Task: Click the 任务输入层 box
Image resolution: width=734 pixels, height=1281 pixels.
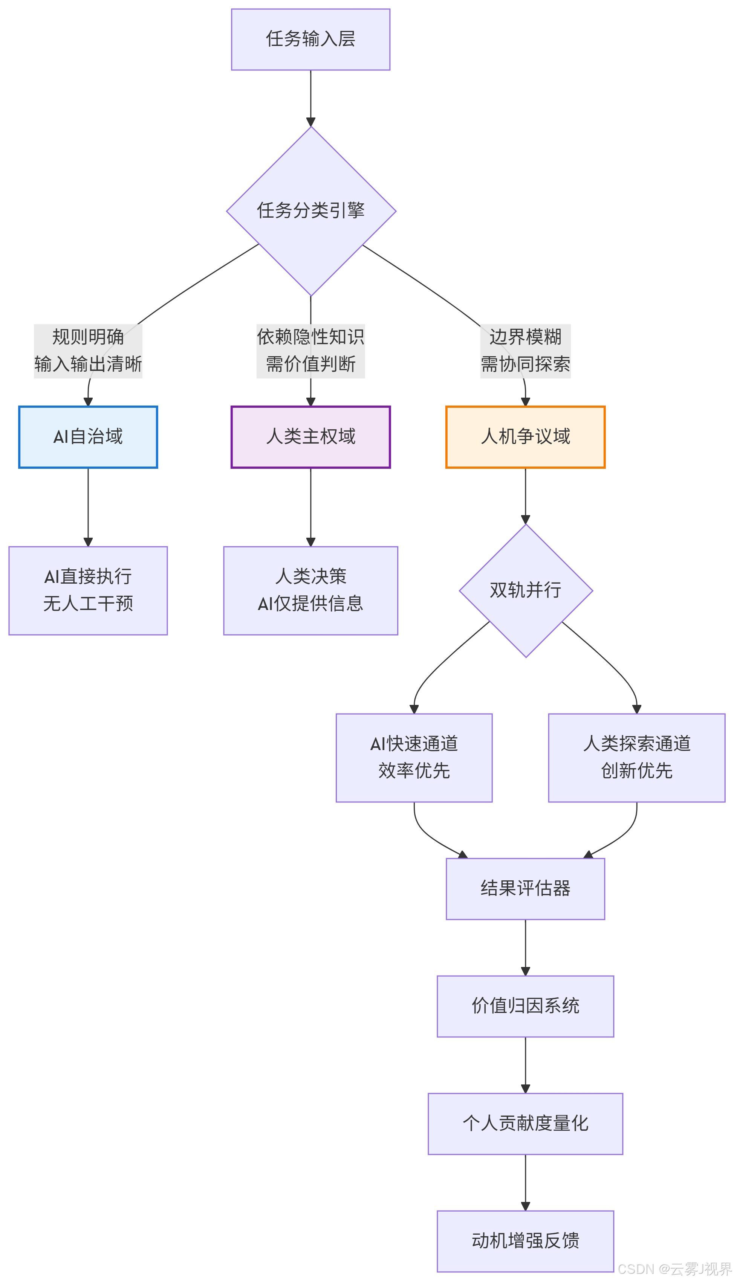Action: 310,39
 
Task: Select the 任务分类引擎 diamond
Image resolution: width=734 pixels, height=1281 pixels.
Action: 311,210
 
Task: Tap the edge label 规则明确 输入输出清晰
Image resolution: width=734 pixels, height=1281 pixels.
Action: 88,351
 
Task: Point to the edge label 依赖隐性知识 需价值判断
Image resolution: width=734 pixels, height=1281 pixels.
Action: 310,351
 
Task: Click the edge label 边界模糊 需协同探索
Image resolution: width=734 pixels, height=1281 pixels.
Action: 525,351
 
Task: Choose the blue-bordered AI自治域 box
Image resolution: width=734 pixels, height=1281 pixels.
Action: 88,437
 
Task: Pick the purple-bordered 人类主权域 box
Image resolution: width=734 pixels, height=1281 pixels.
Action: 310,437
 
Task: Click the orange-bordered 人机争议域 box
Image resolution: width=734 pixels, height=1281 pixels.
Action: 525,437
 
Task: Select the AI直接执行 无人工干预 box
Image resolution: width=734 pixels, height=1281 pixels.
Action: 88,590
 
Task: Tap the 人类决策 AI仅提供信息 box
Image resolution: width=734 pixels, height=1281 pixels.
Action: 310,590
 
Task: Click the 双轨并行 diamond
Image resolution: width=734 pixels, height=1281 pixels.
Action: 526,590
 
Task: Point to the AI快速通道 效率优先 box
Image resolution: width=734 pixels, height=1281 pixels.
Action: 414,757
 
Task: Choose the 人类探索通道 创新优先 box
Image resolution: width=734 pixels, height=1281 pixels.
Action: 637,757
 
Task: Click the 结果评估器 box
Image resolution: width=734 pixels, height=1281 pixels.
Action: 525,889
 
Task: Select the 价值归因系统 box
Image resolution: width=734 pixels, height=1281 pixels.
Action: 525,1006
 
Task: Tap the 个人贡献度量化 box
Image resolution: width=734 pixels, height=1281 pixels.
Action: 525,1123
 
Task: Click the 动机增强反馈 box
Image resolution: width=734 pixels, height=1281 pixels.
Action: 525,1241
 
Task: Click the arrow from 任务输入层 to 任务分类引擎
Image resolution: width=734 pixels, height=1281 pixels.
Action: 310,98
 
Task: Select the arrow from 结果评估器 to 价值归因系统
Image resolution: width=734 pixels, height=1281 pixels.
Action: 525,947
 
